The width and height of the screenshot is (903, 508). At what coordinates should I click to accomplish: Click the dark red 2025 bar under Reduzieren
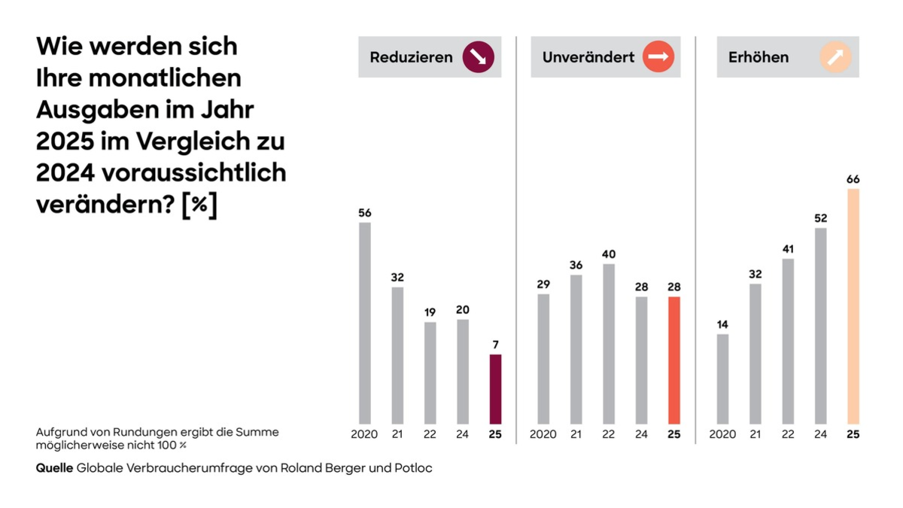coord(495,389)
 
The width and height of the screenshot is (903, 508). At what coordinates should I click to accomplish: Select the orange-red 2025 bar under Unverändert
coord(674,360)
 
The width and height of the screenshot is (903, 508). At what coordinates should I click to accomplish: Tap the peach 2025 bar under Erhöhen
coord(853,306)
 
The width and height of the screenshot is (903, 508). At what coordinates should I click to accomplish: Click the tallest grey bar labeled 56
coord(365,323)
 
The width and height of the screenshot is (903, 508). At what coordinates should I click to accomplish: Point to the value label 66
coord(853,179)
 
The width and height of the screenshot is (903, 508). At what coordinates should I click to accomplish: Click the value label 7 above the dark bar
coord(495,345)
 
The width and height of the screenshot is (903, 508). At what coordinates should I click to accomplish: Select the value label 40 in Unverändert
coord(609,254)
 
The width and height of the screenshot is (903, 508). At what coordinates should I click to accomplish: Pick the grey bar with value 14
coord(722,379)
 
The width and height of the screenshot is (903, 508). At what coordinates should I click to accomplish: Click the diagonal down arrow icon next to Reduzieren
coord(478,57)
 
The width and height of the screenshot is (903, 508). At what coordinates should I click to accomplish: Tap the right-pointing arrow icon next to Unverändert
coord(658,57)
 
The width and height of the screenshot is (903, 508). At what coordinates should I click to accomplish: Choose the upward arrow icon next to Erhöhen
coord(836,57)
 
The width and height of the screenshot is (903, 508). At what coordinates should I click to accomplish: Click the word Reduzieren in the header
coord(411,57)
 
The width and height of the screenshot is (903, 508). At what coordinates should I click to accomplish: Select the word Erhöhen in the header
coord(759,57)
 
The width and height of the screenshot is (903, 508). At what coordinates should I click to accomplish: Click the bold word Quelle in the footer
coord(54,468)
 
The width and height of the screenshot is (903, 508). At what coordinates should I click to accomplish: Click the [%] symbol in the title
coord(199,205)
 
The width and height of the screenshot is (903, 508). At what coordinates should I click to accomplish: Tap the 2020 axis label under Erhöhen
coord(722,434)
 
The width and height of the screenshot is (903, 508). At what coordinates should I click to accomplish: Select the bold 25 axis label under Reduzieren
coord(495,434)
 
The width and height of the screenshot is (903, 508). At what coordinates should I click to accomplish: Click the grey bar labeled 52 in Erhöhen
coord(820,325)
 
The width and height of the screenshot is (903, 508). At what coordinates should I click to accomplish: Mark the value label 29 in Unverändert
coord(543,284)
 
